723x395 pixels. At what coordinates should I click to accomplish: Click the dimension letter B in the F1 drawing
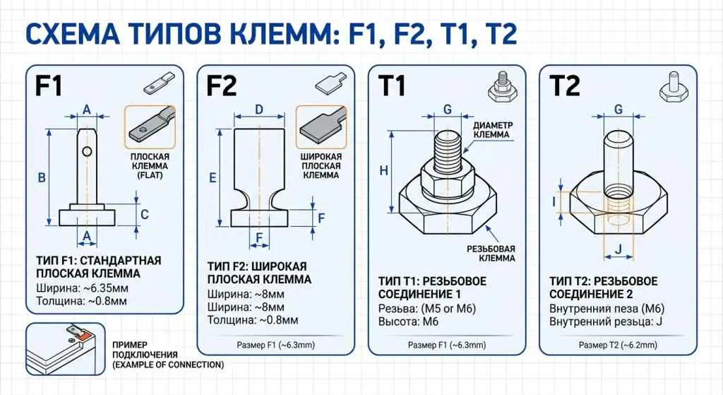(x=42, y=177)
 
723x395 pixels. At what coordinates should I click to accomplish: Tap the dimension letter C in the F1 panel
(x=145, y=214)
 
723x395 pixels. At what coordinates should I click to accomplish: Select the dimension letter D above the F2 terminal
(x=259, y=109)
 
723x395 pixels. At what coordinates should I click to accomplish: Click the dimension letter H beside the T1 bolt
(x=383, y=170)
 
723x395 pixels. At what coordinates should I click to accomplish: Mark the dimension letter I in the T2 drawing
(x=554, y=201)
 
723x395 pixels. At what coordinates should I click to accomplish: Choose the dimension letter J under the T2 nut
(x=617, y=248)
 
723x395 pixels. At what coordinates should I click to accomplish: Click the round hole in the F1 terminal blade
(x=86, y=151)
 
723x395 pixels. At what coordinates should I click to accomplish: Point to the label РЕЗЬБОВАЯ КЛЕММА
(x=491, y=254)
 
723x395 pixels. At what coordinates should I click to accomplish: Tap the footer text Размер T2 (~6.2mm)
(x=616, y=345)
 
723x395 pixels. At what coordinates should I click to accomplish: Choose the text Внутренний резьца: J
(x=607, y=322)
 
